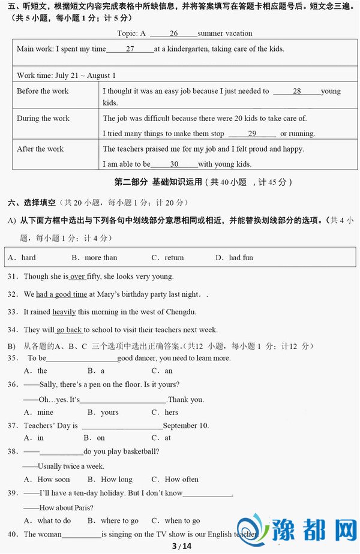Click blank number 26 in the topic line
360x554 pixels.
click(173, 34)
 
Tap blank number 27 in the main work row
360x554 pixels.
click(130, 49)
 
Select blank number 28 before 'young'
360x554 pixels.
click(296, 91)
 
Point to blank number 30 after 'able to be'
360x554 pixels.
click(174, 164)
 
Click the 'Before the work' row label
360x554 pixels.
click(43, 91)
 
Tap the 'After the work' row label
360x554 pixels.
click(40, 149)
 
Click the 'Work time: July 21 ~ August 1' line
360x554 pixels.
click(66, 76)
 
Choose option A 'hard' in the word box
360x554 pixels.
click(22, 258)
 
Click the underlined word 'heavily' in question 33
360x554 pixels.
click(64, 312)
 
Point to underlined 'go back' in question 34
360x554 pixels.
click(70, 330)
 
